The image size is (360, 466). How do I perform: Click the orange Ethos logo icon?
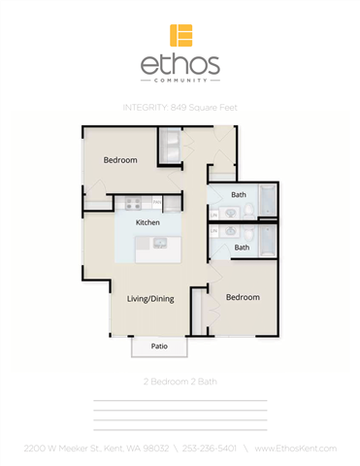[180, 35]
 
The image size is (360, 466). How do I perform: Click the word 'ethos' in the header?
[180, 66]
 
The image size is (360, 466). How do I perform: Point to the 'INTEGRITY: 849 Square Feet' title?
[180, 107]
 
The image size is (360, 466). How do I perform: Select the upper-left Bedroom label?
[120, 159]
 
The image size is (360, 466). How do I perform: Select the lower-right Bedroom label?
[243, 297]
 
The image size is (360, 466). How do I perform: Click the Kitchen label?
[147, 222]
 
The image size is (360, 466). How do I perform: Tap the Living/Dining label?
[150, 298]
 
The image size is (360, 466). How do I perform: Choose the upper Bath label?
[238, 194]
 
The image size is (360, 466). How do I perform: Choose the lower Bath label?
[242, 248]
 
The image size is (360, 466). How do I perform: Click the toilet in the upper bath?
[248, 211]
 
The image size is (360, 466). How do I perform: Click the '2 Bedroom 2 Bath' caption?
[180, 382]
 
